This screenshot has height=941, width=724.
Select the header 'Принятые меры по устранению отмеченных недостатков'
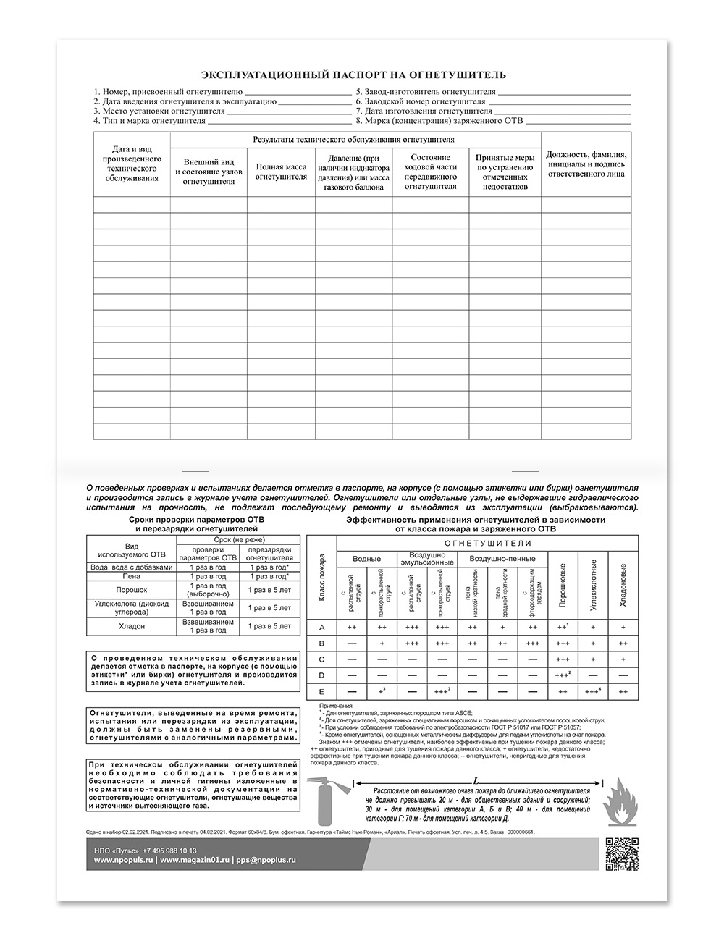click(x=505, y=172)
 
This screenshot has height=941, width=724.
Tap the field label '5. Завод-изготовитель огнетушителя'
click(x=426, y=93)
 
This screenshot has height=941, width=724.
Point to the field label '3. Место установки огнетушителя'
click(x=159, y=112)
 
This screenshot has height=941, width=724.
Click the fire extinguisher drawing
click(x=329, y=801)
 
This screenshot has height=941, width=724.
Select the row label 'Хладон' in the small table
click(x=131, y=626)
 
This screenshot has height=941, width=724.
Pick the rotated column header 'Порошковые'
click(x=563, y=584)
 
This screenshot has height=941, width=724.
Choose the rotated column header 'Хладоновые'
click(x=623, y=584)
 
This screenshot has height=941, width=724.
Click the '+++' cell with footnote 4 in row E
click(x=593, y=691)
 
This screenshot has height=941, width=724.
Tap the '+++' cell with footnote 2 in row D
click(x=563, y=675)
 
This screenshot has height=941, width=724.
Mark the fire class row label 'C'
click(x=321, y=659)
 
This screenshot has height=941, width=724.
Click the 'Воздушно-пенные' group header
click(x=502, y=559)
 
